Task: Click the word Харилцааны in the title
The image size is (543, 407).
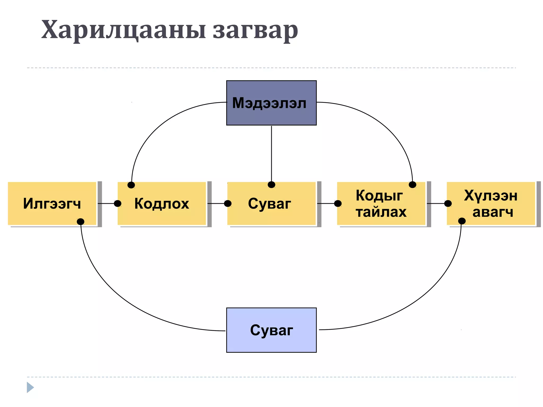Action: [123, 30]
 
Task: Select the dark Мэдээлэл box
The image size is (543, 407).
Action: [271, 103]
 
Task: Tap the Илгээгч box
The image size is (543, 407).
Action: [52, 203]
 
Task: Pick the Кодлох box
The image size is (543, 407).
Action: [162, 203]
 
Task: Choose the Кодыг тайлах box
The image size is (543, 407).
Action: [381, 203]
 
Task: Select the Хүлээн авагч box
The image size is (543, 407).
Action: [491, 203]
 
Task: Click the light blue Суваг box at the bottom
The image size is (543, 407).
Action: [271, 330]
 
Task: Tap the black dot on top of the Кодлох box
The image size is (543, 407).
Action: [131, 185]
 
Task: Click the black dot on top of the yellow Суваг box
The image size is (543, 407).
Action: [271, 185]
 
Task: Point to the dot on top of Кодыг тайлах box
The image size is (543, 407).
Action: [413, 185]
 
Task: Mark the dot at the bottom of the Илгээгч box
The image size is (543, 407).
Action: [81, 222]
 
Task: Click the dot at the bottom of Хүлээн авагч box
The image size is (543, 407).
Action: [462, 221]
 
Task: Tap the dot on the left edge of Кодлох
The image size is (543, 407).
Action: [118, 203]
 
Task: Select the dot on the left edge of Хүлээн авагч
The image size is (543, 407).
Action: [448, 203]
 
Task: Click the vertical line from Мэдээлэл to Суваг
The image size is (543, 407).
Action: [271, 154]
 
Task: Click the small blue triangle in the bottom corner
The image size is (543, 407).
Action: [30, 387]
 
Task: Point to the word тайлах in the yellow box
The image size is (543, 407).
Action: [381, 212]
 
